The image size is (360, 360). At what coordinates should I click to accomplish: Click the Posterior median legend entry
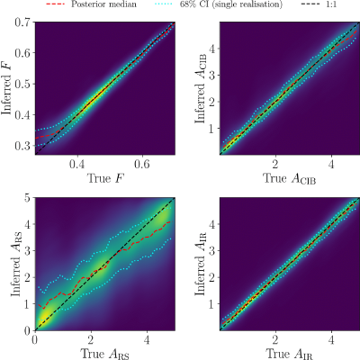(92, 4)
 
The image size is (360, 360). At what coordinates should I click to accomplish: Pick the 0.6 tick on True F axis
(142, 164)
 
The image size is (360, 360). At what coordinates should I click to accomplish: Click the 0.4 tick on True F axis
(77, 164)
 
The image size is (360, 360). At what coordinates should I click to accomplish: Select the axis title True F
(105, 178)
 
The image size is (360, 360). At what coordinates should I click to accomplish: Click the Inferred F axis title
(6, 88)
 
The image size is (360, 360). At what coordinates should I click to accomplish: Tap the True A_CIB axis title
(290, 178)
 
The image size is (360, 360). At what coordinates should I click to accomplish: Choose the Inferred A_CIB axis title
(201, 88)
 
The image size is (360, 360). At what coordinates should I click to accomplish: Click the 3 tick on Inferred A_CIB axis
(212, 75)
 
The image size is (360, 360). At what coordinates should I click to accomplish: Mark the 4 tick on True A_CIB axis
(331, 164)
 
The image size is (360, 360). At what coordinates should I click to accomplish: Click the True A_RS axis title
(104, 354)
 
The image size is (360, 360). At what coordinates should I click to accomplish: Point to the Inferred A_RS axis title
(16, 264)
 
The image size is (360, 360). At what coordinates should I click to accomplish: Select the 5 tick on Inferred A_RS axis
(28, 198)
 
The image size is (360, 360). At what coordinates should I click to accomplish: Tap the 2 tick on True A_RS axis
(91, 340)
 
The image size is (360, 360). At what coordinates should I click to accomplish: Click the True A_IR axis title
(290, 354)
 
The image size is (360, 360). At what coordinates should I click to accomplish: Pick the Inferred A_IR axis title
(201, 264)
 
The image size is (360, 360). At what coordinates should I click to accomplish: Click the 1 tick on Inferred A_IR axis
(212, 304)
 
